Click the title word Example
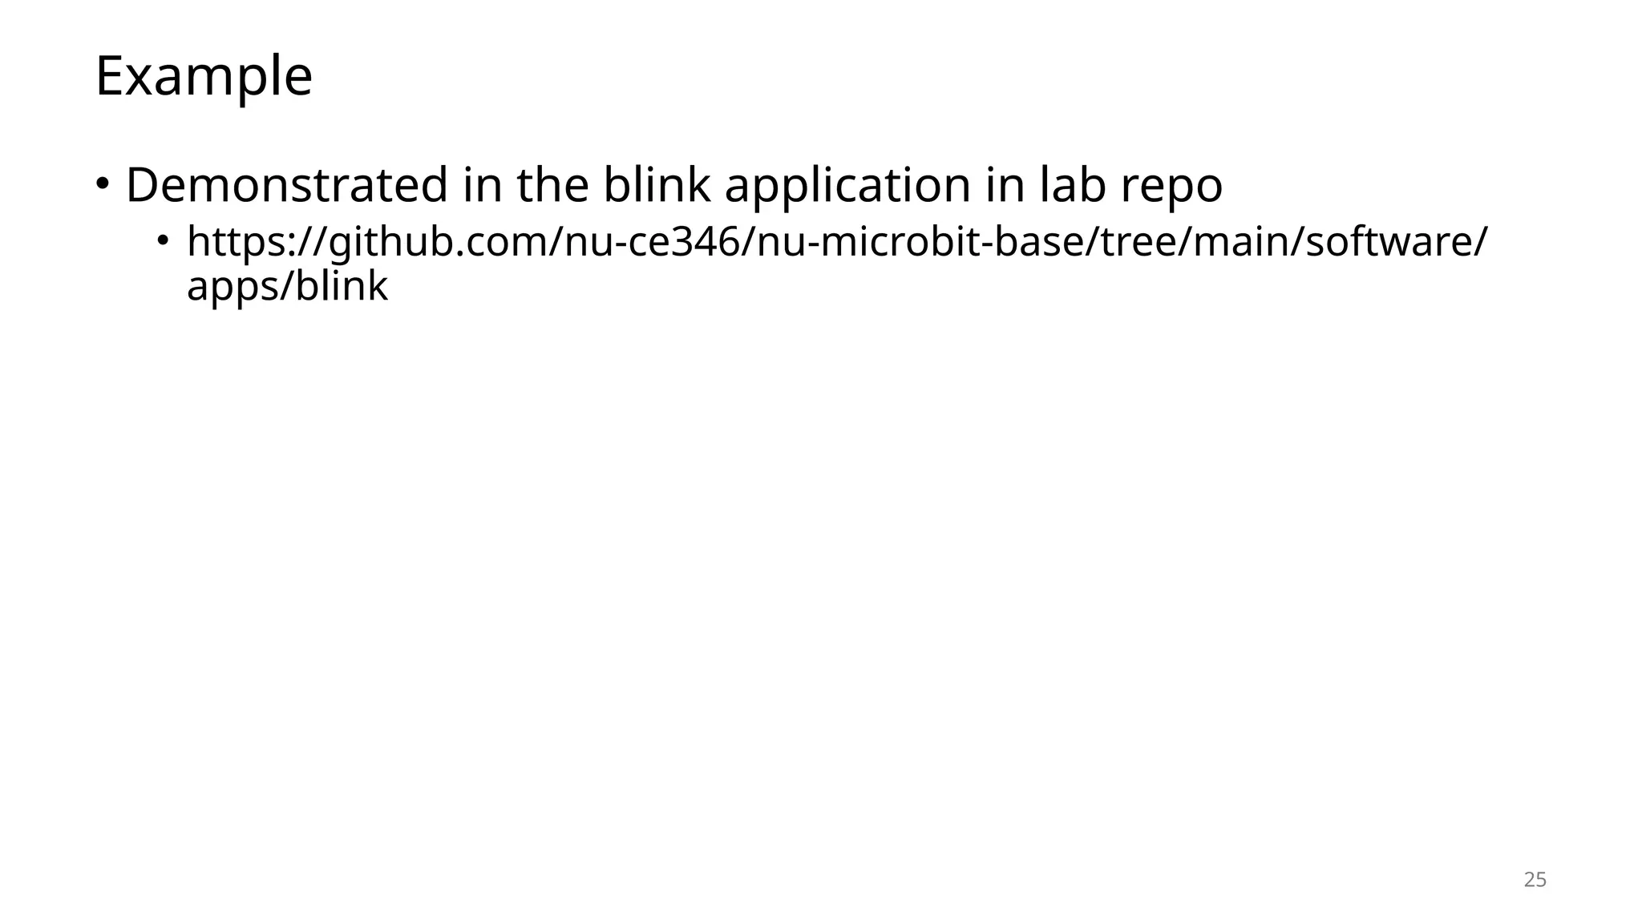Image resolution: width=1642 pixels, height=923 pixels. point(204,77)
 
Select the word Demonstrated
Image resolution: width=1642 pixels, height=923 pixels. point(286,185)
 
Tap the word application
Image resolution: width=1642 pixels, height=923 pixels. point(848,185)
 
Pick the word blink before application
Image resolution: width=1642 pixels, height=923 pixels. point(656,185)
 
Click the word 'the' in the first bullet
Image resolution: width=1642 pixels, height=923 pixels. point(552,185)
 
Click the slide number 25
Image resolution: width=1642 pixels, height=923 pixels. point(1535,880)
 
